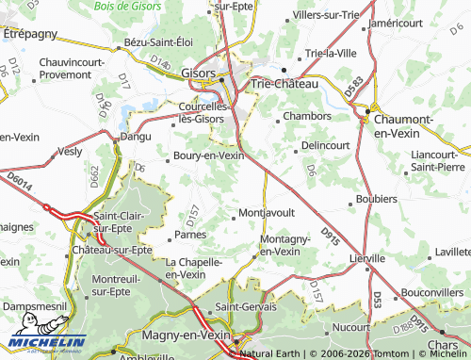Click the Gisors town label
[x=197, y=73]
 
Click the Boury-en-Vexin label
[x=208, y=155]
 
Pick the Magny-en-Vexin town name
[x=187, y=335]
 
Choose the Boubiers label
[x=377, y=200]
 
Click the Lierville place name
[x=366, y=257]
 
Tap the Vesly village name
[x=71, y=150]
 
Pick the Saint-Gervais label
[x=245, y=307]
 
